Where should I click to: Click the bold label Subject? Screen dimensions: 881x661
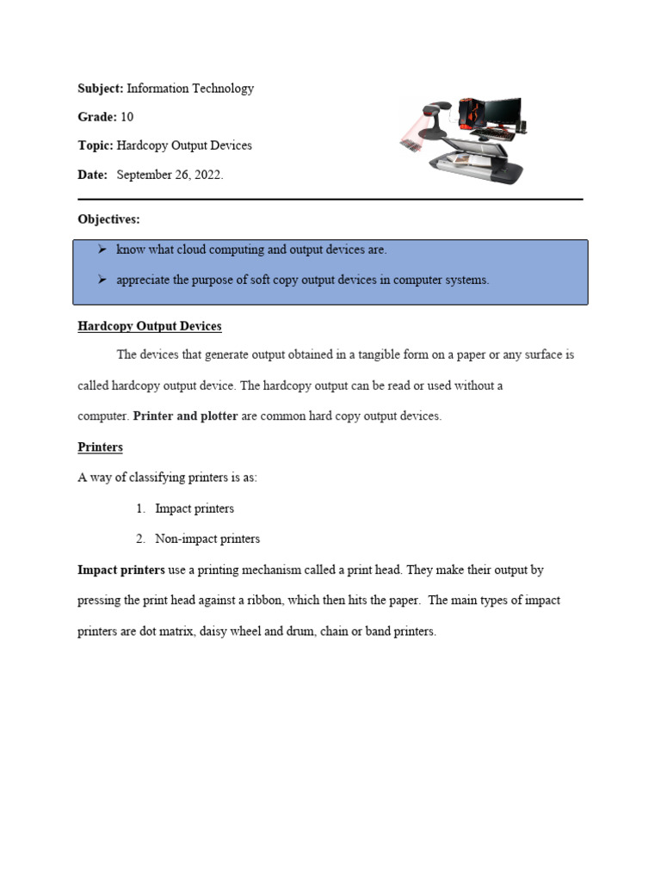coord(101,89)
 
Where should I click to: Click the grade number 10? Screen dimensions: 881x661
coord(127,117)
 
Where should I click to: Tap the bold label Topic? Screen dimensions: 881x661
coord(96,145)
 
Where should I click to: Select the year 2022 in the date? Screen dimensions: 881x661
coord(207,175)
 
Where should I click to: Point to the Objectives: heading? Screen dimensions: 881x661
coord(108,219)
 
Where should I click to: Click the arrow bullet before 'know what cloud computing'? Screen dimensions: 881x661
coord(101,250)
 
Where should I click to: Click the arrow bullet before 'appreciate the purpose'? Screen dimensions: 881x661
coord(101,280)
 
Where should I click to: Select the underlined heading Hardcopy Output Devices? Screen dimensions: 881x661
coord(150,326)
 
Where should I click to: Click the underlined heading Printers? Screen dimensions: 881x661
coord(101,447)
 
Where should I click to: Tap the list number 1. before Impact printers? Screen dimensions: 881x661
coord(140,508)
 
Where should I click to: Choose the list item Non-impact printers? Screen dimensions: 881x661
coord(207,539)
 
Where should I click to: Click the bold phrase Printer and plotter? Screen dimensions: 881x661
coord(186,416)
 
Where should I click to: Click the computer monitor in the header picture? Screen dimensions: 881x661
coord(503,112)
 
